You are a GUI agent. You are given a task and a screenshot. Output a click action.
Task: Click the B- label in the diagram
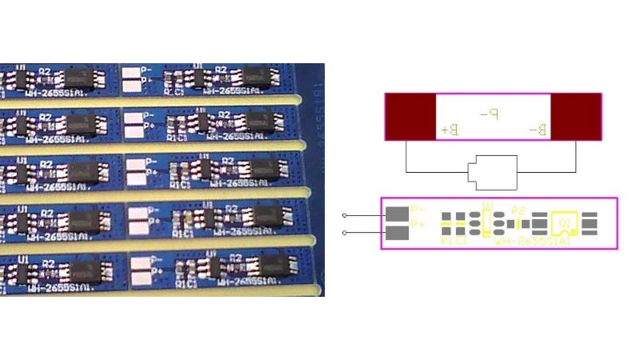[538, 129]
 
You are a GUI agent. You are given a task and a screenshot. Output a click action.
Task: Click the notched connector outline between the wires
[491, 172]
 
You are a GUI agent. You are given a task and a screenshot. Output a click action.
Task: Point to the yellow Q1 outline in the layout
[565, 222]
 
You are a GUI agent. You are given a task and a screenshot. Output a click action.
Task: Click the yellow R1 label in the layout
[446, 240]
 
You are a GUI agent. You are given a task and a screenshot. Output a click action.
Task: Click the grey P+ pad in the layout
[397, 232]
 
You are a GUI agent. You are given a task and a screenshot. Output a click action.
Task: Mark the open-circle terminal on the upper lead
[345, 215]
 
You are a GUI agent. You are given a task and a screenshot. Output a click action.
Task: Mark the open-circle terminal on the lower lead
[345, 233]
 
